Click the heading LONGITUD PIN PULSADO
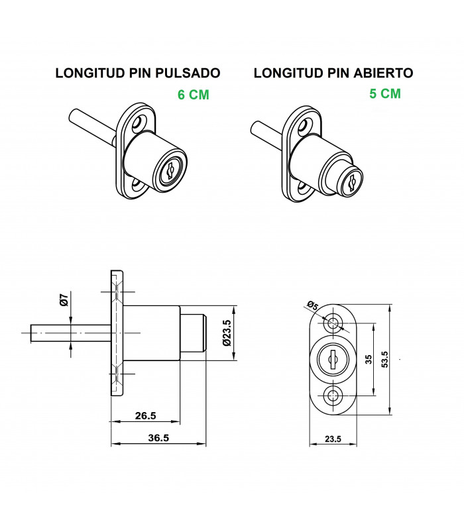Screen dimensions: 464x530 click(x=138, y=73)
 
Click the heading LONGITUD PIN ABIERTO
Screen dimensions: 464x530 click(x=333, y=73)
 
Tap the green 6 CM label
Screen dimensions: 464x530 click(x=194, y=95)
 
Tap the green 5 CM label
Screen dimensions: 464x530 click(x=385, y=93)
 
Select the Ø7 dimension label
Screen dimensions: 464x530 click(x=64, y=300)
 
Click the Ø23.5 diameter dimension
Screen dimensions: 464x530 click(x=227, y=333)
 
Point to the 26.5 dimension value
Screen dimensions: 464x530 click(x=145, y=415)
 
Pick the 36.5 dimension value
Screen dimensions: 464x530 click(x=158, y=438)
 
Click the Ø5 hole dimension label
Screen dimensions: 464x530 click(x=313, y=306)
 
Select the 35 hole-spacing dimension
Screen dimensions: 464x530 click(x=369, y=359)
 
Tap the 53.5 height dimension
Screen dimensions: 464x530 click(x=384, y=359)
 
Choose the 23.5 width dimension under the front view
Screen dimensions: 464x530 click(x=333, y=439)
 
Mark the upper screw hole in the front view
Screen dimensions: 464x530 click(x=333, y=323)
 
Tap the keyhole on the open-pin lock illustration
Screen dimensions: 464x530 click(x=352, y=183)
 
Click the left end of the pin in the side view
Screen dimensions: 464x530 click(x=30, y=333)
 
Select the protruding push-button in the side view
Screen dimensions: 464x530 click(x=192, y=333)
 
